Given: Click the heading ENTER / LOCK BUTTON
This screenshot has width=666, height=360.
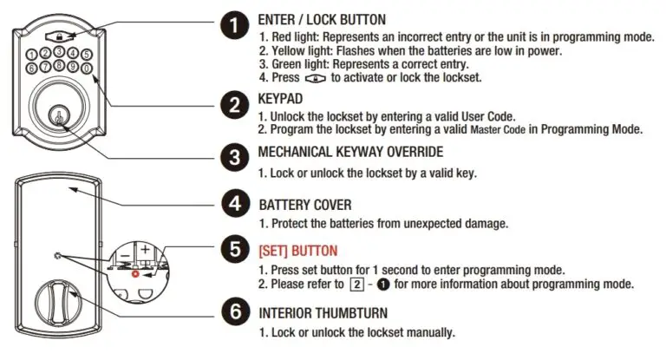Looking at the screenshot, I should click(322, 19).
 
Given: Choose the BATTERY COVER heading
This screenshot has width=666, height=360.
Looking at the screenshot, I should click(305, 205).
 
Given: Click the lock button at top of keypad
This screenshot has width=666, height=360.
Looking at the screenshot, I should click(56, 37).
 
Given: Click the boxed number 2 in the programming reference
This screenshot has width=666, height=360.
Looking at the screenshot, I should click(355, 285).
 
